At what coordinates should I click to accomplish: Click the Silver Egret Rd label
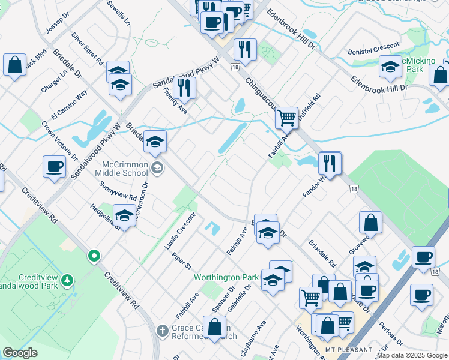point(88,49)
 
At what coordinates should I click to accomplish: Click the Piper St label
point(181,262)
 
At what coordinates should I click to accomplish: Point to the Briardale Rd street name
point(322,254)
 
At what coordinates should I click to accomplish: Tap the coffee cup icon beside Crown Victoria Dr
point(54,166)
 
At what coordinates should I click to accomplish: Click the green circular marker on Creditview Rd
point(94,256)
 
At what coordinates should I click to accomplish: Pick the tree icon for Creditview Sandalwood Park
point(68,280)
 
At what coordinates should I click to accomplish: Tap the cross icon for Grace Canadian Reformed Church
point(161,330)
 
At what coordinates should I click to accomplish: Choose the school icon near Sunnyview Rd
point(124,214)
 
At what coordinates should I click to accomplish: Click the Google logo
point(20,353)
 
